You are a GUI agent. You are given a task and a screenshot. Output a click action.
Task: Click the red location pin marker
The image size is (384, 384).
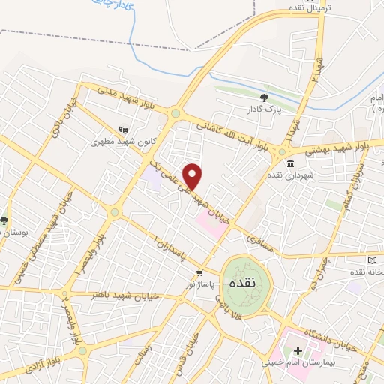[x=193, y=175]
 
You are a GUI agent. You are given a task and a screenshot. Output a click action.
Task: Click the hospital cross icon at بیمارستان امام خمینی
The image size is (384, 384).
[x=298, y=350]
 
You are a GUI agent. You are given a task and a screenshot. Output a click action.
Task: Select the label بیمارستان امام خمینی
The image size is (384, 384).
[x=298, y=363]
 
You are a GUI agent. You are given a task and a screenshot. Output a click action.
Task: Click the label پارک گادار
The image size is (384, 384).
[x=263, y=109]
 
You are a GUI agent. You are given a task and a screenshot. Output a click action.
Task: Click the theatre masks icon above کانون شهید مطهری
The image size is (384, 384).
[x=122, y=128]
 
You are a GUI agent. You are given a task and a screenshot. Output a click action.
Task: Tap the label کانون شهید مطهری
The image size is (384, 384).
[x=117, y=141]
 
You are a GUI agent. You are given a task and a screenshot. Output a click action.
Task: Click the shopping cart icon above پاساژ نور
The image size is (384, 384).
[x=199, y=272]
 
